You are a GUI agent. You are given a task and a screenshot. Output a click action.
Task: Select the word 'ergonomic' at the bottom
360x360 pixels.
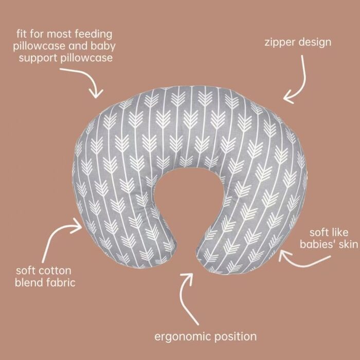tap(183, 337)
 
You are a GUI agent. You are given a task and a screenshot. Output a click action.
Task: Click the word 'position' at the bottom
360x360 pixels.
tap(236, 336)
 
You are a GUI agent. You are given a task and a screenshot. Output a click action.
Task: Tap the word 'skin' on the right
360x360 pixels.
tap(348, 244)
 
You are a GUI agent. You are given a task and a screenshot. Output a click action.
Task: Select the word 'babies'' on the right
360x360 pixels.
tap(318, 244)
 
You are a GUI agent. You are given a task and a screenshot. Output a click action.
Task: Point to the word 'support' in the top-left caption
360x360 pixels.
tap(38, 58)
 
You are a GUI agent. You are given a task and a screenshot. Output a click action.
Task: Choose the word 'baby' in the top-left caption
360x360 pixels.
tap(103, 46)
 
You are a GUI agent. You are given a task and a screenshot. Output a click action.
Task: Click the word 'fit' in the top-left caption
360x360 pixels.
tap(22, 34)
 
